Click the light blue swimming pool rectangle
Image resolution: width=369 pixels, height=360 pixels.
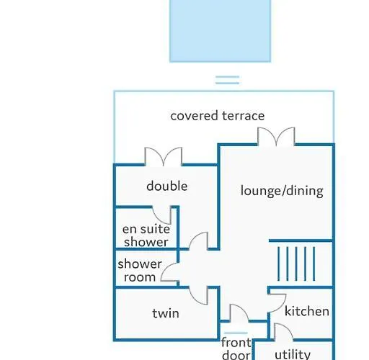point(221,31)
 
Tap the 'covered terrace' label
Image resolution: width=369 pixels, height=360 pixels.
point(218,116)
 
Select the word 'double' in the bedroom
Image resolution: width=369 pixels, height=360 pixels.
point(167,186)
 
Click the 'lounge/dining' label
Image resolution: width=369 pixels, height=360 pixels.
point(282,191)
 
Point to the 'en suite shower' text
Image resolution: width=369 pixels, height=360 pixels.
point(146,235)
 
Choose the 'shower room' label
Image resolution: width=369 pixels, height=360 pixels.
point(140,271)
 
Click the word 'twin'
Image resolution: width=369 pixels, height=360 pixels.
point(166,313)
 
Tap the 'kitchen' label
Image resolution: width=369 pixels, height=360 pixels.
point(307,311)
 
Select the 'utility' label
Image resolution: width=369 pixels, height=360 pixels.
point(293,354)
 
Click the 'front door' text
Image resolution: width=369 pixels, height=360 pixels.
point(236,348)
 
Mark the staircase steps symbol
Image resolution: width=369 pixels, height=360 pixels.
point(296,264)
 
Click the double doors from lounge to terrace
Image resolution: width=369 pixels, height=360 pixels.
point(276,136)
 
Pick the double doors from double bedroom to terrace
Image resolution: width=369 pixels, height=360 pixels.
point(164,156)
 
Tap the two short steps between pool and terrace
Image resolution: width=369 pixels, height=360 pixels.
point(227,80)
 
